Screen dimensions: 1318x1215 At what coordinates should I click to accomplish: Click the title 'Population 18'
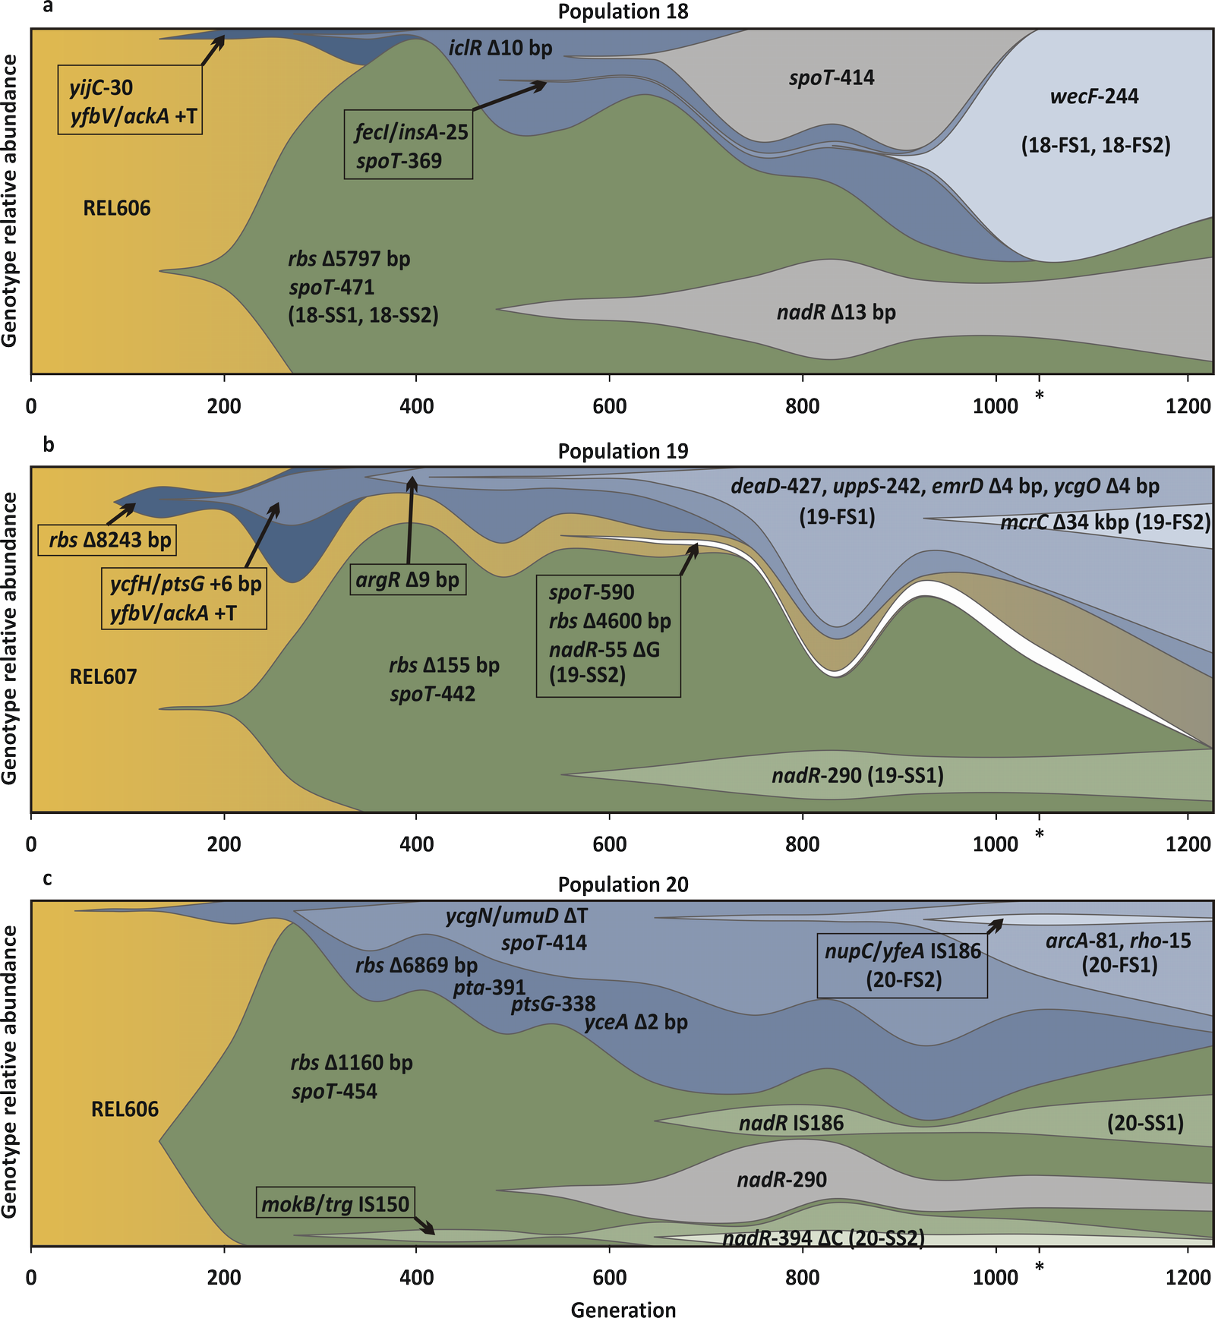623,12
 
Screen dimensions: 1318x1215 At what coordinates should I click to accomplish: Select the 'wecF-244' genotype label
1094,96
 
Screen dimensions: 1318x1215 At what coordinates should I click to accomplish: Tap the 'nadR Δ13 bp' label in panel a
836,312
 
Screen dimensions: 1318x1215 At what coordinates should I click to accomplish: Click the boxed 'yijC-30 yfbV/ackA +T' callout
130,100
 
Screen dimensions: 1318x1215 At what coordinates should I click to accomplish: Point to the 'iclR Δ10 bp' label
500,48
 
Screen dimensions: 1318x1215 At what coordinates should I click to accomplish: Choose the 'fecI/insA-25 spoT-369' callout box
409,146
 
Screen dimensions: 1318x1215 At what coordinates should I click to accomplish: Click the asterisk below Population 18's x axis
1040,396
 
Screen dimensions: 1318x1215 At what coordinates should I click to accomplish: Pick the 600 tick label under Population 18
609,406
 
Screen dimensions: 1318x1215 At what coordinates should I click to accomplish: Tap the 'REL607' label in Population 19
103,676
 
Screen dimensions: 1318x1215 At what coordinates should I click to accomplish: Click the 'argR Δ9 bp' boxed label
408,581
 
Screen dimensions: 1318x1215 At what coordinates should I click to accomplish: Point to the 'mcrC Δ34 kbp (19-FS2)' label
1105,522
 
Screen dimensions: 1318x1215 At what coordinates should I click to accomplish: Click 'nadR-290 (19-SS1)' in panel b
857,776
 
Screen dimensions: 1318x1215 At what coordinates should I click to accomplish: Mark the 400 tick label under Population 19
416,844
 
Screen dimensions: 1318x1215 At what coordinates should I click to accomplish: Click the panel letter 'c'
47,878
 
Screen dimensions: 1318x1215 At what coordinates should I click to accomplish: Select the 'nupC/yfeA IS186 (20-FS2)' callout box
903,965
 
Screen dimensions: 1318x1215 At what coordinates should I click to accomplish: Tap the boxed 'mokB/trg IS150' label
336,1203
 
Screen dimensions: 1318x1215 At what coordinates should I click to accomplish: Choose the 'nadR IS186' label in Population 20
791,1123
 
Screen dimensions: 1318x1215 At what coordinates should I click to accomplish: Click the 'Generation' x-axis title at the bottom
623,1309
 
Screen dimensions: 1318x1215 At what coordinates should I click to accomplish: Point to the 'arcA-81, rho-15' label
1119,941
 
